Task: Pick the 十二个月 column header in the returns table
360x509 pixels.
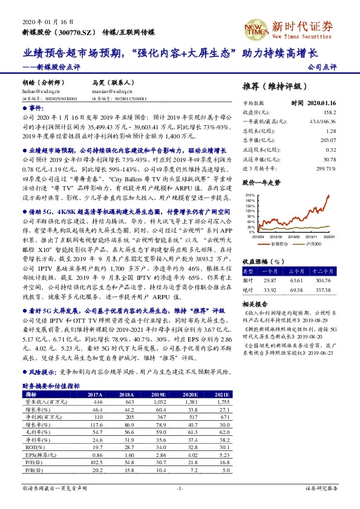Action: tap(324, 272)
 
